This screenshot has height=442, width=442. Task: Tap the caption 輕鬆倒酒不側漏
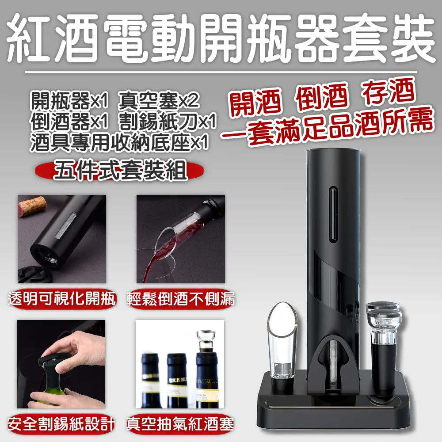pyautogui.click(x=181, y=300)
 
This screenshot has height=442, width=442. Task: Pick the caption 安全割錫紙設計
pyautogui.click(x=61, y=425)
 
